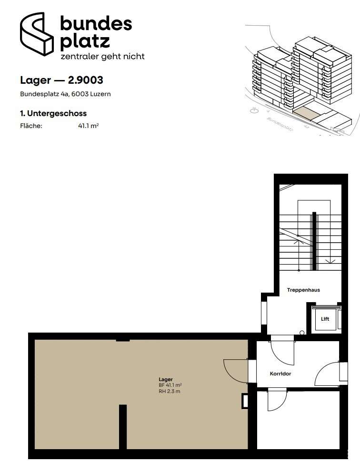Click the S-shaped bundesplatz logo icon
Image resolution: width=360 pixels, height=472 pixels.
pos(37,34)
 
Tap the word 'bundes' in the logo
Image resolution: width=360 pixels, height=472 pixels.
pos(96,24)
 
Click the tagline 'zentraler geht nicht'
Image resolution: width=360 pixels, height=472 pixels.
pos(102,57)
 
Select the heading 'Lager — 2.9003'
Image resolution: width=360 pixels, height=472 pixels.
pos(61,80)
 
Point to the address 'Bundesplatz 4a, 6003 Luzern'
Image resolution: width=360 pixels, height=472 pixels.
pos(65,94)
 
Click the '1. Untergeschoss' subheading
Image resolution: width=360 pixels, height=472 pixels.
pos(53,114)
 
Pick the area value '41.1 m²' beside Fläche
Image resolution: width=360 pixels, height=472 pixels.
pos(89,126)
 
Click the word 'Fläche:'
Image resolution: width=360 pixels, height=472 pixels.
pos(31,126)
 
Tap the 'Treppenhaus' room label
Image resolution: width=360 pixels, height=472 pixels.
pos(303,290)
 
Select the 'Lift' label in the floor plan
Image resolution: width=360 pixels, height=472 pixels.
pos(325,319)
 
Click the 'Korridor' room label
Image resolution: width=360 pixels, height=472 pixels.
pos(280,374)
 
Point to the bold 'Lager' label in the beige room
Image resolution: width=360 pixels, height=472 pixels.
pos(166,380)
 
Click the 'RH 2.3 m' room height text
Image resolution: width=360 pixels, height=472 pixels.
pos(170,391)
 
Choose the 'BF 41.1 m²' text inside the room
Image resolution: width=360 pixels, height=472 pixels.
pos(170,385)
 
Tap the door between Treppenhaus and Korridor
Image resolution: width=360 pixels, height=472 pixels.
pos(282,353)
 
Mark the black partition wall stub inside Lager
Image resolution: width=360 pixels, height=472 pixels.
pos(122,427)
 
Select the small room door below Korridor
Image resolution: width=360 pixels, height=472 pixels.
pos(277,400)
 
